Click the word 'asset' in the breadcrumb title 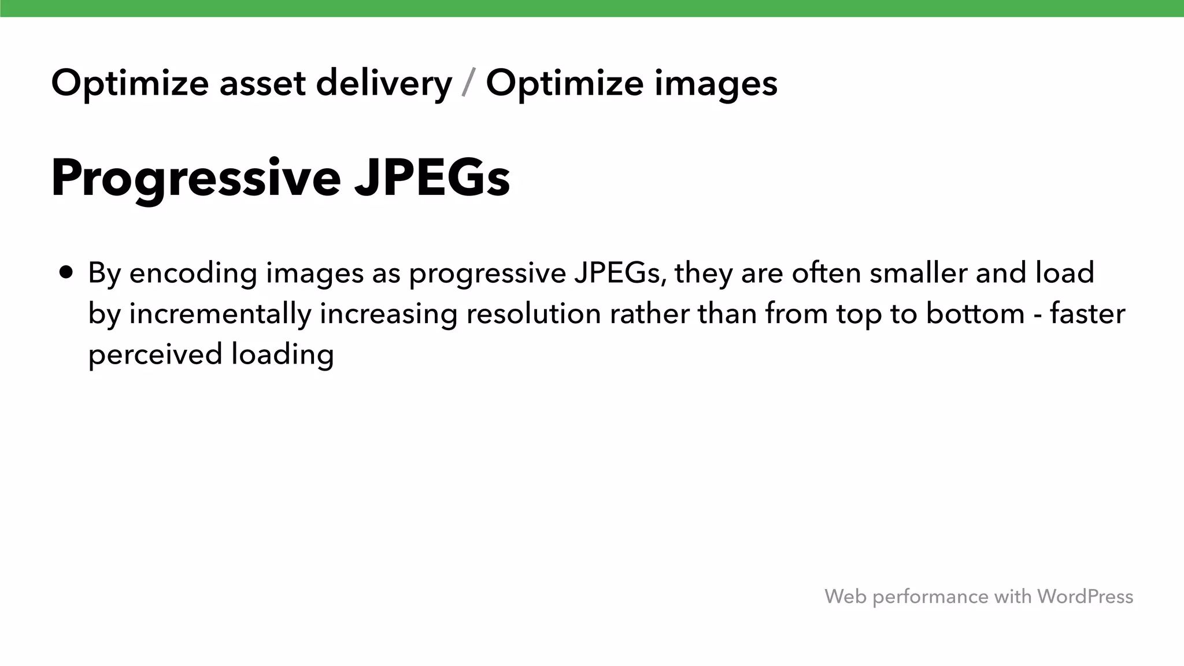262,83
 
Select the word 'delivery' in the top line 384,83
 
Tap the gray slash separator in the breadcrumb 469,83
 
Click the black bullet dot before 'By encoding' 66,272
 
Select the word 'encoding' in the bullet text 193,273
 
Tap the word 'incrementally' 220,314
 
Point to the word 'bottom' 975,314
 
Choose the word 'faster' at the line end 1087,314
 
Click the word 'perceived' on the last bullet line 155,354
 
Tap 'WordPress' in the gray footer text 1085,596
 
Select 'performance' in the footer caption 930,597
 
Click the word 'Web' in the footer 845,596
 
